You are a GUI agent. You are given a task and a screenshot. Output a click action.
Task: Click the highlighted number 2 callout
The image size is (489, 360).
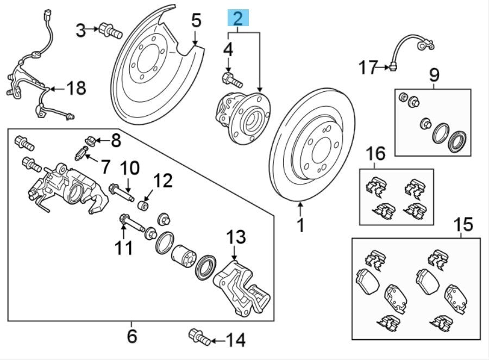[238, 19]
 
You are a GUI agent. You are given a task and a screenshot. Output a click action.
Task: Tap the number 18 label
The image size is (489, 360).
[77, 88]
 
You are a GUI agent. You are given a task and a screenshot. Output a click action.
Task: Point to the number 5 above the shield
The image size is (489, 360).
[196, 21]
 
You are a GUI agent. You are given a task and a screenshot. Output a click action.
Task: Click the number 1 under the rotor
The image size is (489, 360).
[300, 224]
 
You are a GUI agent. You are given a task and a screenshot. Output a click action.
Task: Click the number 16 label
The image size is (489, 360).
[376, 154]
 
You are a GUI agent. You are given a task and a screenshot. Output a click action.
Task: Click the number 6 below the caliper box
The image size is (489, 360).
[132, 336]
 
